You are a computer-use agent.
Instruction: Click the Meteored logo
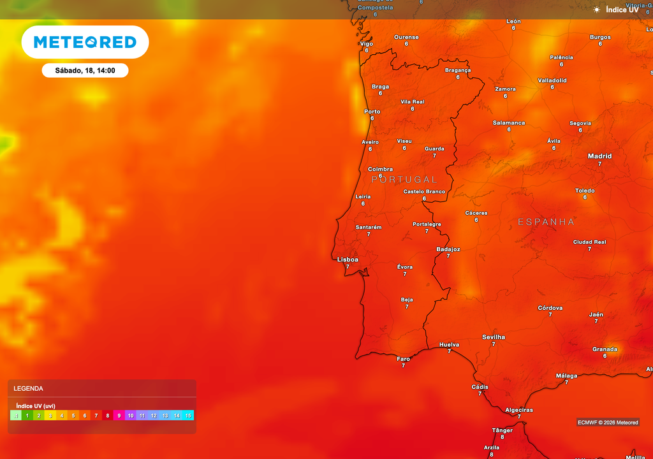[x=85, y=42]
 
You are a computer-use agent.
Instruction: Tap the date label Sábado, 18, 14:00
[x=85, y=70]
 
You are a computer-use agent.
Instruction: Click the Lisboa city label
[x=348, y=259]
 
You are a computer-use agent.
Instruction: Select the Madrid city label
[x=599, y=156]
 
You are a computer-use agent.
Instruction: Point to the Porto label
[x=372, y=112]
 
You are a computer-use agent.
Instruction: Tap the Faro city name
[x=404, y=359]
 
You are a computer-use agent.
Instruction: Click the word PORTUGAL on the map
[x=404, y=180]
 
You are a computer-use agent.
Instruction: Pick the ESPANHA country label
[x=546, y=222]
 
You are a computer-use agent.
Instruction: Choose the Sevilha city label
[x=494, y=337]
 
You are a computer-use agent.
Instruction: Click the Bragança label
[x=458, y=70]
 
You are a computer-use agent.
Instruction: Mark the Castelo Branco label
[x=424, y=191]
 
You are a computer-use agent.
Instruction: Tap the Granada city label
[x=605, y=349]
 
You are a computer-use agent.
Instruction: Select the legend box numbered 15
[x=188, y=415]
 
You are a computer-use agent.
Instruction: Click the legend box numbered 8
[x=108, y=415]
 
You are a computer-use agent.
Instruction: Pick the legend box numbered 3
[x=50, y=415]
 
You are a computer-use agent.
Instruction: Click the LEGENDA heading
[x=29, y=388]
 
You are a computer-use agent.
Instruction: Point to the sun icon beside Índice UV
[x=597, y=10]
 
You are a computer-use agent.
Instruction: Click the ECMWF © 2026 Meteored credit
[x=608, y=422]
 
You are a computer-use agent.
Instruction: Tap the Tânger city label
[x=503, y=430]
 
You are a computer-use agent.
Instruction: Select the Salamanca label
[x=509, y=122]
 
